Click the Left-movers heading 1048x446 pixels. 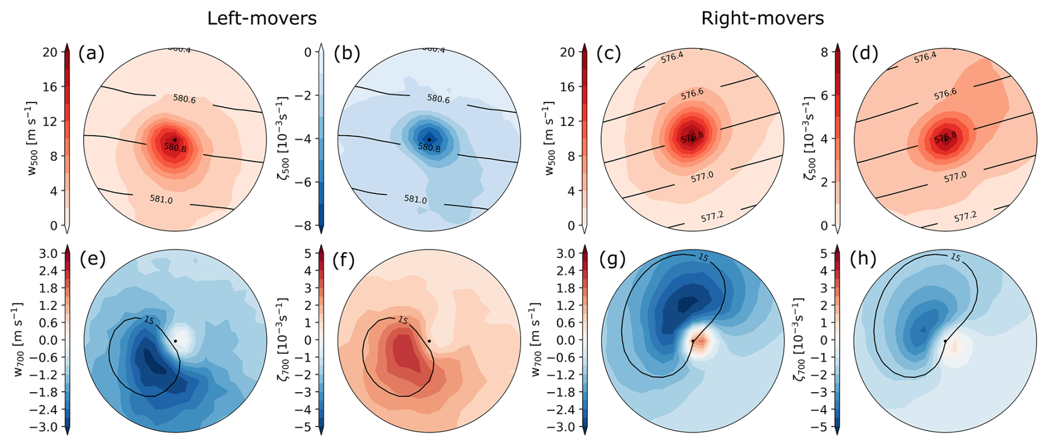tap(261, 18)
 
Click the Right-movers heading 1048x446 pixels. tap(762, 18)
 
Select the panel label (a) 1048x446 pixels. tap(91, 53)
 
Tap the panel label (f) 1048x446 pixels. tap(343, 259)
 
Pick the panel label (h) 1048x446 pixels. tap(863, 259)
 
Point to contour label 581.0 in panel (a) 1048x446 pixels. tap(161, 199)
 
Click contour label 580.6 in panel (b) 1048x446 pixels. tap(438, 99)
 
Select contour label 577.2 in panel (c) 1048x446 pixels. tap(712, 217)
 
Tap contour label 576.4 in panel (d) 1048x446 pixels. tap(925, 57)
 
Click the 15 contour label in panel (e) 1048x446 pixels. tap(148, 320)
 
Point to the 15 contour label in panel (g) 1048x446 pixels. tap(703, 257)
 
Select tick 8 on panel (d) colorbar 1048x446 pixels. tap(825, 52)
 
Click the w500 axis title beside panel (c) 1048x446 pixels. tap(549, 139)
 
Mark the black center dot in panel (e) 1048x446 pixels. tap(176, 341)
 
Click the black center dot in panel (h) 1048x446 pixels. tap(945, 341)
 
